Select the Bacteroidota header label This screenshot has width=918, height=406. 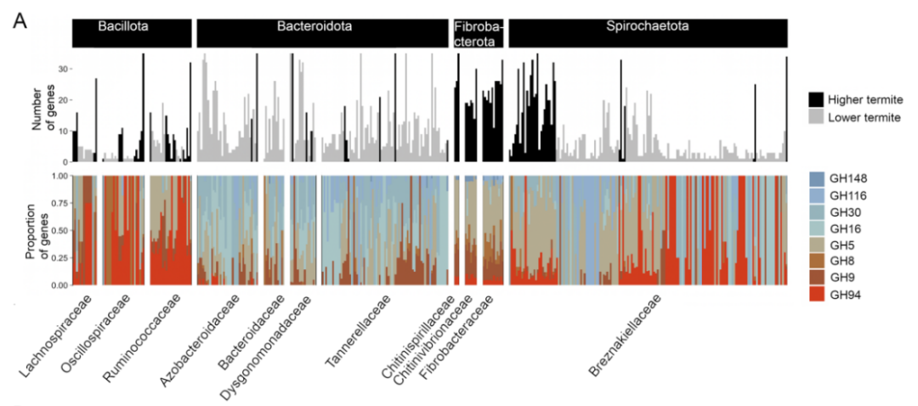coord(323,26)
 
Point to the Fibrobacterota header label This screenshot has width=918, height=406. coord(479,34)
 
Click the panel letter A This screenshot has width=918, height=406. coord(20,20)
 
